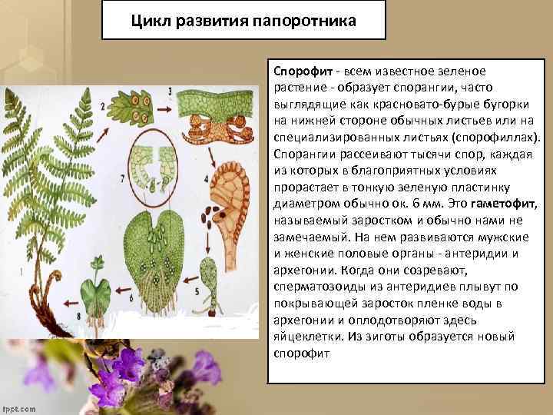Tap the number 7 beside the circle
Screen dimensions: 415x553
124,178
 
